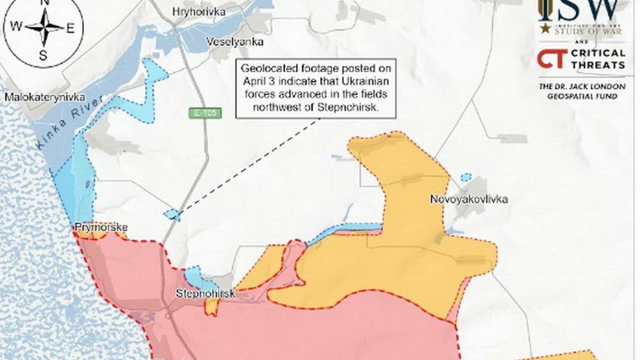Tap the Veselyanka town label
click(235, 42)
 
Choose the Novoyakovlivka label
click(469, 199)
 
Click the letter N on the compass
click(44, 3)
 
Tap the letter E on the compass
click(70, 28)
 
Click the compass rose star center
click(44, 28)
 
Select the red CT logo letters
click(553, 59)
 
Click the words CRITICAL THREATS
click(598, 59)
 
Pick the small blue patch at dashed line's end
click(172, 214)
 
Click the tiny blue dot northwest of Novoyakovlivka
click(466, 177)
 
